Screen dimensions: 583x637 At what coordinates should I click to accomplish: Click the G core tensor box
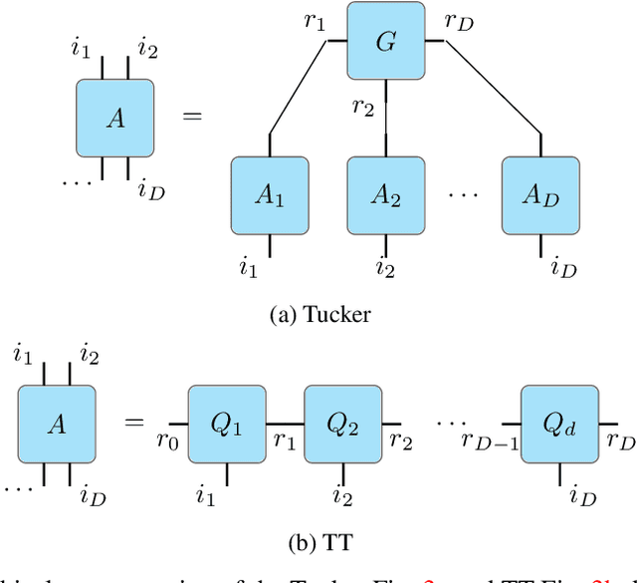[x=385, y=43]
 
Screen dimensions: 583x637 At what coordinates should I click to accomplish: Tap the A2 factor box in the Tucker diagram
[x=385, y=195]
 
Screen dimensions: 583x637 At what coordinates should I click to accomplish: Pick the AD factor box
[x=540, y=195]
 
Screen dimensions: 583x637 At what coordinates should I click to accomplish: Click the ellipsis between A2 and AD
[x=463, y=195]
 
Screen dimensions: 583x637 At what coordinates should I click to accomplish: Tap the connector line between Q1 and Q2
[x=285, y=423]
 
